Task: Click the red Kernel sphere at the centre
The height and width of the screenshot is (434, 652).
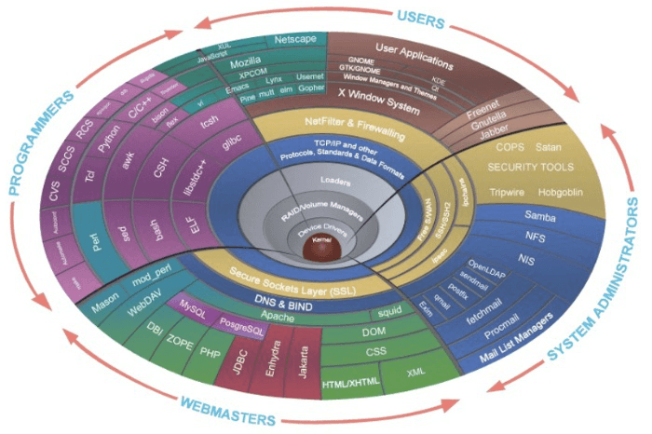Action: click(x=318, y=247)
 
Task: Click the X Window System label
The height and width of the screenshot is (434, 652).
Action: click(x=378, y=95)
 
